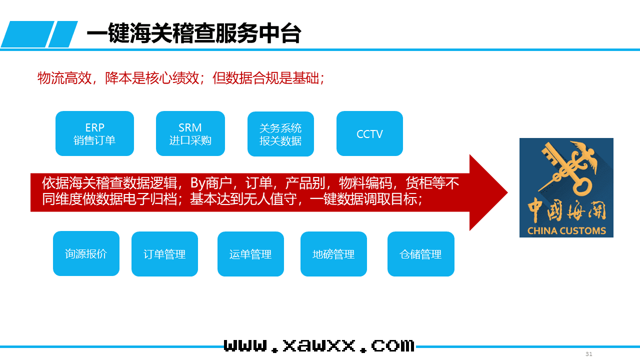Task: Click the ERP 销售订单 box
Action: pos(94,133)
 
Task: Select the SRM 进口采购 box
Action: pos(190,133)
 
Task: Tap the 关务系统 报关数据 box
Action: pos(280,134)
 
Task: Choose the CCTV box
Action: pos(369,133)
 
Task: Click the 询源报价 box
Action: pos(86,253)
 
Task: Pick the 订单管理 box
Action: pos(164,254)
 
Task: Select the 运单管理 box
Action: pos(250,254)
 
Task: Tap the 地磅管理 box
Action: pos(333,254)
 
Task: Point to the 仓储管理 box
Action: pos(420,254)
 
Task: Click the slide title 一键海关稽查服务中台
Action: pos(194,34)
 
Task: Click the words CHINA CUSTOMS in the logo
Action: pos(566,231)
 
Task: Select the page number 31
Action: pos(589,354)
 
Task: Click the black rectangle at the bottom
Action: pos(320,342)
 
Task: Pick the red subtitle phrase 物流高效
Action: pos(64,78)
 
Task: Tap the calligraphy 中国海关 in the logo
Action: pos(566,210)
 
